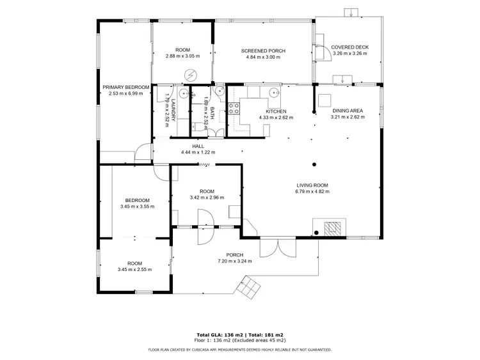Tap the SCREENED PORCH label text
click(263, 51)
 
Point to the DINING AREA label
click(348, 111)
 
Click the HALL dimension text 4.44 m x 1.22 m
click(198, 152)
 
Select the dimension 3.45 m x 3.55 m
click(138, 207)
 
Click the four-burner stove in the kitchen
click(235, 107)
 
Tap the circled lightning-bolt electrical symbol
click(189, 75)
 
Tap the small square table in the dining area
click(324, 99)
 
